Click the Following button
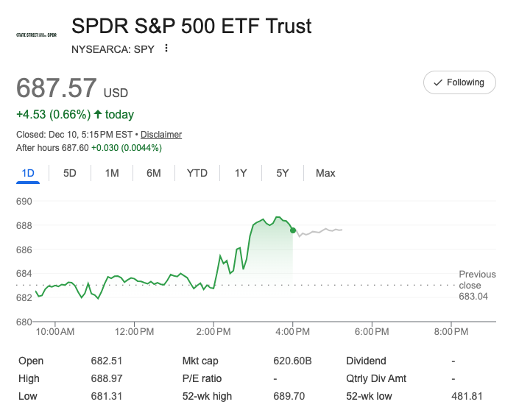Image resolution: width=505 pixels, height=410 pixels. [x=459, y=82]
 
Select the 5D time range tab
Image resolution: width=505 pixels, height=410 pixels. [x=70, y=173]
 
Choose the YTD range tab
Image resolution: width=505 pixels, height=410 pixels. [x=197, y=173]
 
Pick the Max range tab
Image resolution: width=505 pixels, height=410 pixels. [x=325, y=173]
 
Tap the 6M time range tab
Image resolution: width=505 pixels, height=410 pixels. [x=154, y=173]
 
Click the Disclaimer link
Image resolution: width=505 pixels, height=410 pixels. [x=161, y=135]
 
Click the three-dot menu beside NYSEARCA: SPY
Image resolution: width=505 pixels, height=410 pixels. [x=166, y=49]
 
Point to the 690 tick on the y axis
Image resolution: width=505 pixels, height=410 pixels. [x=24, y=201]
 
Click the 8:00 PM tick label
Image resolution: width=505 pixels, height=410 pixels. [x=450, y=333]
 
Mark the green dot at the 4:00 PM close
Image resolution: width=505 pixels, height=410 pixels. [x=293, y=230]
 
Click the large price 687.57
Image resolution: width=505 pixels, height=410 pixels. [x=57, y=88]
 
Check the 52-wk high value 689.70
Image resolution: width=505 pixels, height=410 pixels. [x=288, y=396]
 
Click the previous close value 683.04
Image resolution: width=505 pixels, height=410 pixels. [x=473, y=297]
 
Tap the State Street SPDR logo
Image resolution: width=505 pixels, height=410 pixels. [x=36, y=35]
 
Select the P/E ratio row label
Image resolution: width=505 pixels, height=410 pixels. [x=201, y=378]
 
